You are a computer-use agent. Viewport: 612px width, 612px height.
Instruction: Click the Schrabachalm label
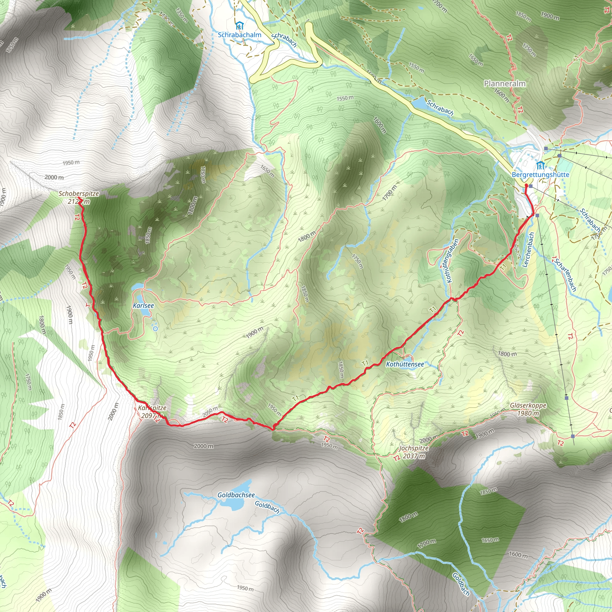pos(239,35)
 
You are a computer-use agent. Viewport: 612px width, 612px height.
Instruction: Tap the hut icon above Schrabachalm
pos(239,25)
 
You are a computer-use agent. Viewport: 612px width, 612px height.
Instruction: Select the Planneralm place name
pos(505,84)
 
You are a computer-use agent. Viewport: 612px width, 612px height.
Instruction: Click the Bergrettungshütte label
pos(540,175)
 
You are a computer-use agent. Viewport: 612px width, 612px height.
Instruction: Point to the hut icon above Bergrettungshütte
pos(540,165)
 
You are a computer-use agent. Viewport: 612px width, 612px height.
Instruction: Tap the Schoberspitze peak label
pos(79,194)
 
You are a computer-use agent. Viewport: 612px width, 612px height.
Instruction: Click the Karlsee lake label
pos(143,306)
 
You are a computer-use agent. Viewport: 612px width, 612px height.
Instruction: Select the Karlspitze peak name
pos(152,408)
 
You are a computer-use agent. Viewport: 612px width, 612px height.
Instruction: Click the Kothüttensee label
pos(405,365)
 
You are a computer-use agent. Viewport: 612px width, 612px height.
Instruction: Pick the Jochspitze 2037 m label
pos(414,452)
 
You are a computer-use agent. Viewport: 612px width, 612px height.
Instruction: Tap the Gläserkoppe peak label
pos(528,406)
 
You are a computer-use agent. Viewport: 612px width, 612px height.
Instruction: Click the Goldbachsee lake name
pos(236,495)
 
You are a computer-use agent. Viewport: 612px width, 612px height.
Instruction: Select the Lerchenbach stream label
pos(529,250)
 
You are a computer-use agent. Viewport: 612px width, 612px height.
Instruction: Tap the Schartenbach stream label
pos(565,275)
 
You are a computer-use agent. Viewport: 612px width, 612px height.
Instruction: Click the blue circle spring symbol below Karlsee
pos(155,329)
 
